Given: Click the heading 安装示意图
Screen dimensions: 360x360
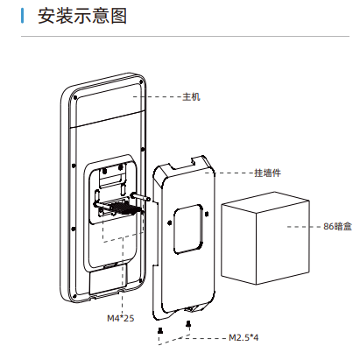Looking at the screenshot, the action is click(x=82, y=16).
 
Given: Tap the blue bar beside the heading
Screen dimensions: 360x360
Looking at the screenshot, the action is click(x=22, y=16).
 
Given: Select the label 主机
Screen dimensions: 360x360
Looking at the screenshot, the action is click(x=191, y=96).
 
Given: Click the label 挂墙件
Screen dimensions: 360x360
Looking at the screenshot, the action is click(x=267, y=173).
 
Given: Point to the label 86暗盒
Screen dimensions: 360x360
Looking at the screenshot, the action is click(x=337, y=227).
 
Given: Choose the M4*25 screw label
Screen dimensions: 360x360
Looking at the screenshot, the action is click(x=121, y=318).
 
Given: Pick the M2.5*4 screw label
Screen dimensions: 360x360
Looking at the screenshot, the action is click(x=244, y=338).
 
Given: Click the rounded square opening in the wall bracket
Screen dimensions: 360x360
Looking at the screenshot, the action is click(x=188, y=229).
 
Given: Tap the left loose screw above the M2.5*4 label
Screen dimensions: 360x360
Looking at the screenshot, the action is click(x=160, y=330).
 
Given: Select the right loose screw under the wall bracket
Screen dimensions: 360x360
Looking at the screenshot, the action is click(x=188, y=323).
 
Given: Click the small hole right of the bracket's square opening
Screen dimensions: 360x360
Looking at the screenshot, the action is click(x=207, y=214).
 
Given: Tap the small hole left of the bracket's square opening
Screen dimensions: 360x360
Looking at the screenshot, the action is click(x=169, y=223).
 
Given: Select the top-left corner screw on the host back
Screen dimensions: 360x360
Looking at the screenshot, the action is click(x=75, y=97).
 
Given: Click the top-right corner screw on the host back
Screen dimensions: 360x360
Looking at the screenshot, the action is click(x=141, y=81).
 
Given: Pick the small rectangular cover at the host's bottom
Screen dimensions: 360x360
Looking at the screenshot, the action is click(x=109, y=279).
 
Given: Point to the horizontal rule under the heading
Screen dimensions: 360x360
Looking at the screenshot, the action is click(x=185, y=37).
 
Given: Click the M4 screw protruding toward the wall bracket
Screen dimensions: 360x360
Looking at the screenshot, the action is click(x=141, y=197).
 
